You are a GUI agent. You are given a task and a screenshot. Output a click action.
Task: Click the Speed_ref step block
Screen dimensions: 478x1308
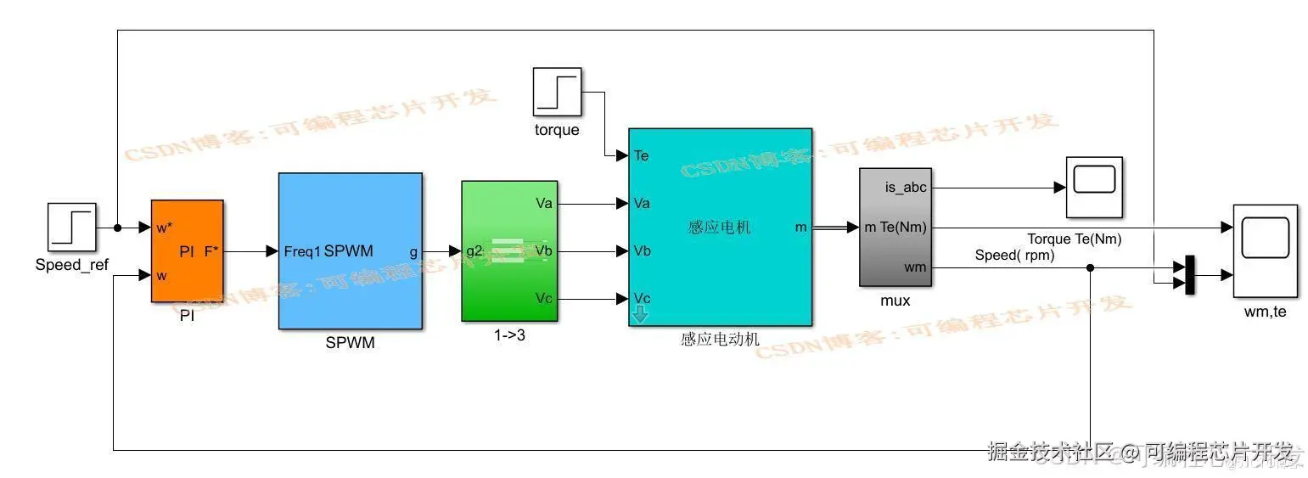pos(72,228)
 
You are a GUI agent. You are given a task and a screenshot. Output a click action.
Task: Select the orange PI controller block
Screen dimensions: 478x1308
pos(187,250)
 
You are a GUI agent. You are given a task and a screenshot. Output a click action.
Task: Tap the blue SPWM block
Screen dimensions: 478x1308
pos(350,250)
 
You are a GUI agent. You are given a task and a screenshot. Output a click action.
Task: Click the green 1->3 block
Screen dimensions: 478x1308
pos(508,250)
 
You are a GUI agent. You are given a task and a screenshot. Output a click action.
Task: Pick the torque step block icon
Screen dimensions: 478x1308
pos(557,92)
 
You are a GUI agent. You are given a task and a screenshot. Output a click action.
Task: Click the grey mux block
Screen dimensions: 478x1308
pos(895,227)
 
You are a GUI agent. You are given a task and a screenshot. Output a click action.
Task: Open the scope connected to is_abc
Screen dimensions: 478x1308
pos(1094,187)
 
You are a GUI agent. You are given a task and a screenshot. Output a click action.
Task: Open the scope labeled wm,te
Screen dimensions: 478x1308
pos(1265,250)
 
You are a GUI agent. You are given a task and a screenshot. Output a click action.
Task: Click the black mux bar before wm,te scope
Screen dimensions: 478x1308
pos(1189,275)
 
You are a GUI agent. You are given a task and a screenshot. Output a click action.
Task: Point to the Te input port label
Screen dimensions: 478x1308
pos(642,155)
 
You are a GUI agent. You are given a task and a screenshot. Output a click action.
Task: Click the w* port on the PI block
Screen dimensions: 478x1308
pos(165,228)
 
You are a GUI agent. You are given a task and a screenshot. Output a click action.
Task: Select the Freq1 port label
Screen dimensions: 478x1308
pos(302,251)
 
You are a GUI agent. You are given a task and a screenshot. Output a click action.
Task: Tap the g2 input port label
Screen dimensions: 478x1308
pos(474,251)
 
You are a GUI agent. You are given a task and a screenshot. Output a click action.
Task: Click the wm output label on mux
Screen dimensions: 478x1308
pos(915,267)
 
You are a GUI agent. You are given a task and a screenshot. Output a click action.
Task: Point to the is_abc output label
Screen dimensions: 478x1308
pos(906,188)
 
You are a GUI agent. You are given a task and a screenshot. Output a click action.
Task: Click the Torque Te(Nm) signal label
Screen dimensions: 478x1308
pos(1074,239)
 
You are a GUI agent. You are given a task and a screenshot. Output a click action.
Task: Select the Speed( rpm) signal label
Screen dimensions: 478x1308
pos(1014,255)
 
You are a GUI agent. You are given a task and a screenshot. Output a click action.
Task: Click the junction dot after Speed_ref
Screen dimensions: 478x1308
pos(117,228)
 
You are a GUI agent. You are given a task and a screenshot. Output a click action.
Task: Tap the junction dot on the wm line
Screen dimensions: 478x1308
pos(1090,267)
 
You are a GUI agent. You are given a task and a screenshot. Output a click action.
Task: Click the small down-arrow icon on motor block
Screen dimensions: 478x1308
pos(640,315)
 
